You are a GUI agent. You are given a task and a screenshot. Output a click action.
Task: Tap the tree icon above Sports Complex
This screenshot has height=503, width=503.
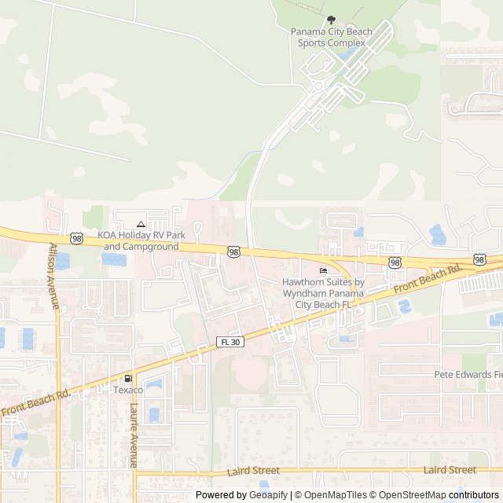331,20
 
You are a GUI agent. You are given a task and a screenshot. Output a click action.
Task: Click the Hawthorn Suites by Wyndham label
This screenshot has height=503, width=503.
323,292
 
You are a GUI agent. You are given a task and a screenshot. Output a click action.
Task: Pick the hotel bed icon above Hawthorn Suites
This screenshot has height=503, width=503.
323,271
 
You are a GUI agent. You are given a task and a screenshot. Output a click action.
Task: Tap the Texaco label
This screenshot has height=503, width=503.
128,390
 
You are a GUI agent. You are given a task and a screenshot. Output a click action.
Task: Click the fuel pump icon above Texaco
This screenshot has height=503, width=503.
128,378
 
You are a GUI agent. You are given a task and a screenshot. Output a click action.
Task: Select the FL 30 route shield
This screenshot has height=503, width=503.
230,342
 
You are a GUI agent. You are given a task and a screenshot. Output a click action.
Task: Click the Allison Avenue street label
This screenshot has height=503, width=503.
53,275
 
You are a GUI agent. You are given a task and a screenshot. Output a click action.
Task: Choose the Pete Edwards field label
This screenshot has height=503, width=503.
468,375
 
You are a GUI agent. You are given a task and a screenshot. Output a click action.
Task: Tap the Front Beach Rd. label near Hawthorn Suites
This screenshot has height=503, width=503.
427,280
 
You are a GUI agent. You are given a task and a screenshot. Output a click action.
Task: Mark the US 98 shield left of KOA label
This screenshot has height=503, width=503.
76,237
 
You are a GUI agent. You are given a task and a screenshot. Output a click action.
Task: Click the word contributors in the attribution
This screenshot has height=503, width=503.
474,495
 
